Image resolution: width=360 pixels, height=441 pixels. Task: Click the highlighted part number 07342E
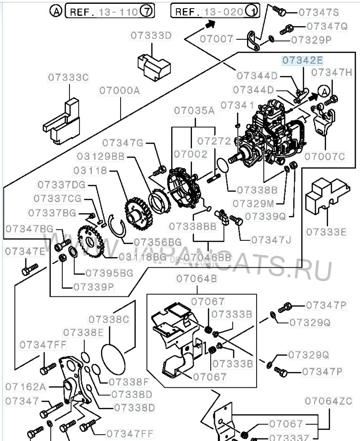click(x=302, y=61)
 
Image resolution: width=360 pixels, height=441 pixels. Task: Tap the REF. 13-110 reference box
click(x=110, y=11)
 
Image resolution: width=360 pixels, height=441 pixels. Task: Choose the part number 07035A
click(x=194, y=111)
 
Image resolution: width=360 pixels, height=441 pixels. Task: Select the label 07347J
click(x=271, y=239)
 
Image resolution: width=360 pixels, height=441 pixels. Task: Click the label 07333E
click(x=326, y=232)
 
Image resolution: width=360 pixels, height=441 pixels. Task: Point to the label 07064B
click(x=196, y=279)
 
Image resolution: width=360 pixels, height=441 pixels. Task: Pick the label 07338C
click(x=109, y=319)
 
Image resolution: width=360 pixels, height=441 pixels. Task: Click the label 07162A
click(x=25, y=386)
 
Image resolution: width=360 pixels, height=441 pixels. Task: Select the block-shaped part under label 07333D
click(x=153, y=67)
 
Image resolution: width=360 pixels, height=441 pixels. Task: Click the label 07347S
click(x=318, y=12)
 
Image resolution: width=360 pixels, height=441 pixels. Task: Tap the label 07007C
click(x=325, y=156)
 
